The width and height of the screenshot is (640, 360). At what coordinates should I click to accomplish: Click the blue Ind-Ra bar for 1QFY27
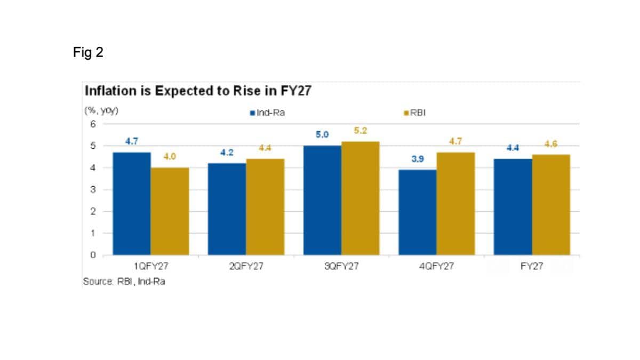[x=132, y=204]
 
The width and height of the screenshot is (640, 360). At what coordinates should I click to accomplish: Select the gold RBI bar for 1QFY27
[x=170, y=211]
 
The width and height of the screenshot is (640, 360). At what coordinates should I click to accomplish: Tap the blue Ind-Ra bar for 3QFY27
[x=322, y=201]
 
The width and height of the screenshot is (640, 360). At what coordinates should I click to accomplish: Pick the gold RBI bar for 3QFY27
[x=361, y=198]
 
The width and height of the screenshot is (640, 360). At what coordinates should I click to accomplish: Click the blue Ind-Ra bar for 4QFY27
[x=418, y=212]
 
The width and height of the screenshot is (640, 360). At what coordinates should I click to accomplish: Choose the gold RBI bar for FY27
[x=551, y=205]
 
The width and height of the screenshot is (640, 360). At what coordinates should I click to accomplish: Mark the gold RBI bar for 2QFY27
[x=265, y=207]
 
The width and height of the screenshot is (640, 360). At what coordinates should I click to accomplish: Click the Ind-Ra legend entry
[x=267, y=113]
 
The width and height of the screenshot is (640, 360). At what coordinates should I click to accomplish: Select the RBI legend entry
[x=414, y=113]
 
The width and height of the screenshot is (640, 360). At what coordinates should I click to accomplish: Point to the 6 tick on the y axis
[x=93, y=124]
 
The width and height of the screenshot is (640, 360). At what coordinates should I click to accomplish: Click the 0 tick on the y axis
[x=93, y=255]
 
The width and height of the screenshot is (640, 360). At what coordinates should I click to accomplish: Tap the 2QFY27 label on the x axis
[x=246, y=266]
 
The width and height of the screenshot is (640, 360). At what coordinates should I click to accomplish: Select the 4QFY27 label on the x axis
[x=436, y=266]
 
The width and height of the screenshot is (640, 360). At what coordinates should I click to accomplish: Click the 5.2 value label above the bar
[x=361, y=131]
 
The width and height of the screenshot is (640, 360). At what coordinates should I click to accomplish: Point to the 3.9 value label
[x=418, y=159]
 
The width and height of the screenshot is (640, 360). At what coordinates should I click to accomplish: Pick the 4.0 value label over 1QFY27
[x=170, y=156]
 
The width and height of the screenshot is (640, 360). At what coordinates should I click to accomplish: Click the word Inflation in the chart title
[x=110, y=91]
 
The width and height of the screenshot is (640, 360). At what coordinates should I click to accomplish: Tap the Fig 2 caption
[x=88, y=52]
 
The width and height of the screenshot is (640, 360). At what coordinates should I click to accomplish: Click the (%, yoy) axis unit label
[x=101, y=110]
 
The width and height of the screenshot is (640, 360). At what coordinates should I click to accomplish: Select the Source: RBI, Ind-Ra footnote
[x=124, y=282]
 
